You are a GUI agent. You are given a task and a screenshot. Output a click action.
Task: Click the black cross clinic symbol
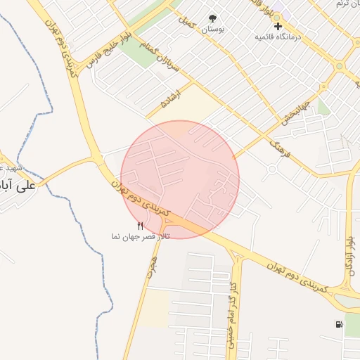278,25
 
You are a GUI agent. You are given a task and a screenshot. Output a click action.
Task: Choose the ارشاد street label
172,98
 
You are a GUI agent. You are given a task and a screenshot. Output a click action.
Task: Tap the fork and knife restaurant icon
141,226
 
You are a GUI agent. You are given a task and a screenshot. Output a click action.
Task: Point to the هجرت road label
153,266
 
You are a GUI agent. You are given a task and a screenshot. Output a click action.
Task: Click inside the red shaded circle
180,179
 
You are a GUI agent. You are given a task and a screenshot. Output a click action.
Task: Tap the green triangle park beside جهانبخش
323,106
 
